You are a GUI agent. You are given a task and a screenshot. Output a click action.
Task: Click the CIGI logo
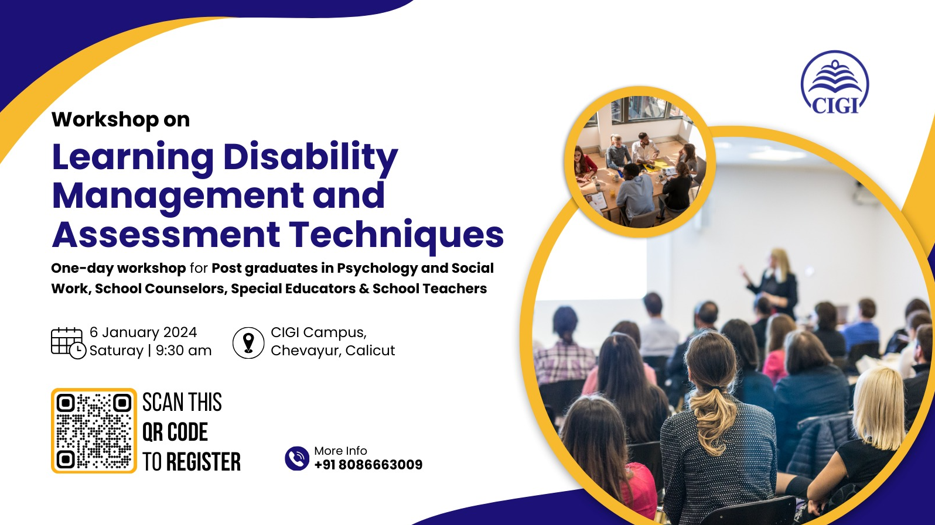pos(834,83)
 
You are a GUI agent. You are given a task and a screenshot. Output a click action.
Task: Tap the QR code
pos(94,431)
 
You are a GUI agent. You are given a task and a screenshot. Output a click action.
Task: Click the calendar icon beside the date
pos(69,343)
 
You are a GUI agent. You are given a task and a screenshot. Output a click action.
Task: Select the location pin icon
pos(248,343)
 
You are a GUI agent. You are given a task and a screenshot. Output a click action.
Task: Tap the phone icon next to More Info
pos(297,458)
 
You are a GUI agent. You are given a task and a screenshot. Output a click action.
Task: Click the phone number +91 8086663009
pos(368,465)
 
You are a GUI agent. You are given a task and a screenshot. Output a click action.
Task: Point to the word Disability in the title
pos(310,157)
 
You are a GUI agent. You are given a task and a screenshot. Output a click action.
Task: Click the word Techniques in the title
pos(397,235)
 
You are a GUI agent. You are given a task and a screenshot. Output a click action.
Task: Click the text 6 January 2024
pos(143,332)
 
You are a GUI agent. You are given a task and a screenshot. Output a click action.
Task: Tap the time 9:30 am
pos(184,351)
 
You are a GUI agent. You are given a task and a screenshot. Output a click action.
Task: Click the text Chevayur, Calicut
pos(333,351)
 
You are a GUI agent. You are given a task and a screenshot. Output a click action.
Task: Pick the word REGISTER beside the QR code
pos(203,462)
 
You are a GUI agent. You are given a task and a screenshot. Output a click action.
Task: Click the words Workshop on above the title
pos(121,119)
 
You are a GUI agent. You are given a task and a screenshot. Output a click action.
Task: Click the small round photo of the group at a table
pos(640,162)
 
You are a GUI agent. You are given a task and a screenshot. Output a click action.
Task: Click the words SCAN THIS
pos(182,402)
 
